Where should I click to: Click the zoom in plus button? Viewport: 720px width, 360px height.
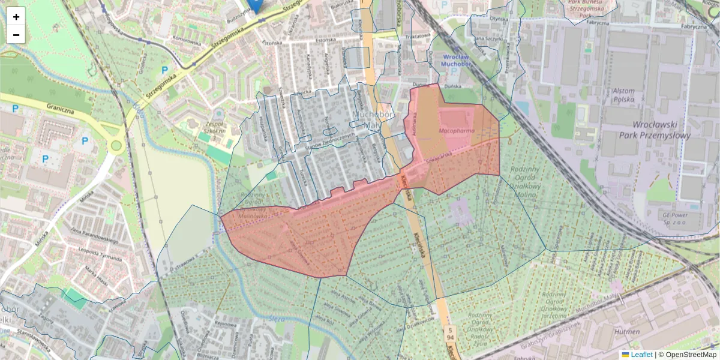point(16,17)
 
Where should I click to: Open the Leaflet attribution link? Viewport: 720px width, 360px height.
point(641,355)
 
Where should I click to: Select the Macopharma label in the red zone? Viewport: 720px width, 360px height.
point(457,130)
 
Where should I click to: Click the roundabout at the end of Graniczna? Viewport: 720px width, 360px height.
point(116,146)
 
